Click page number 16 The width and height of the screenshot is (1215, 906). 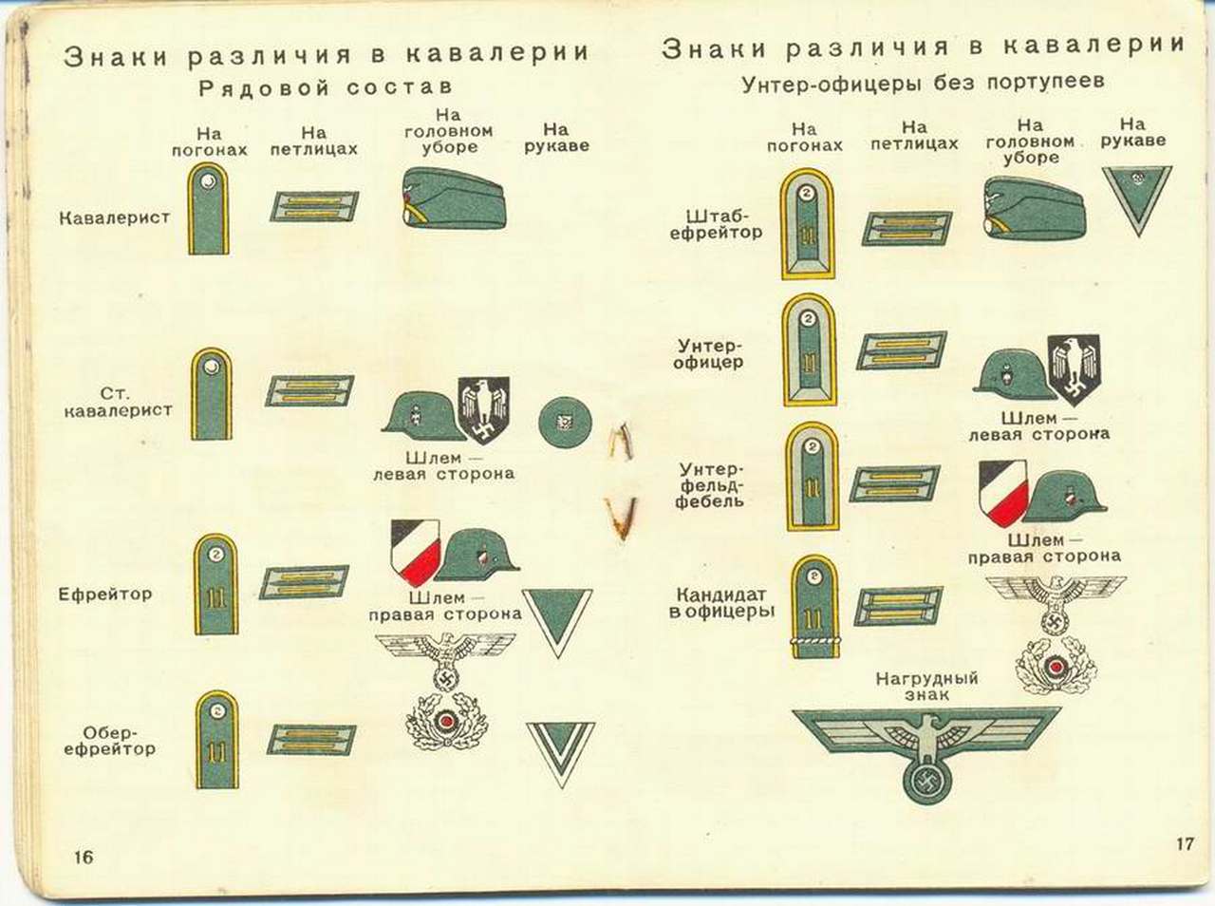click(84, 856)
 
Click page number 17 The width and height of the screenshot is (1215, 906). click(1184, 842)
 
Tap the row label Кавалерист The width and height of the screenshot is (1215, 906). click(114, 217)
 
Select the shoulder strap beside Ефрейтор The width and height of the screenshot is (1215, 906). click(215, 583)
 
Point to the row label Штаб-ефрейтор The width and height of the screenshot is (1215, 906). click(716, 223)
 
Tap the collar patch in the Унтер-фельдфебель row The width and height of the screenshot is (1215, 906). click(893, 483)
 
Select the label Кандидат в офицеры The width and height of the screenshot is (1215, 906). click(721, 603)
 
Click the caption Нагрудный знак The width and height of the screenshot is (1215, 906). click(926, 687)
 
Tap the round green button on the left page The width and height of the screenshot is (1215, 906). click(564, 421)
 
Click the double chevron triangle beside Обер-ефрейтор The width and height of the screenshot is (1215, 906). click(560, 754)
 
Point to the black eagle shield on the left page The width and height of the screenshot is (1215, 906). click(483, 408)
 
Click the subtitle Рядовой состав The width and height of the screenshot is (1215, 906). click(325, 88)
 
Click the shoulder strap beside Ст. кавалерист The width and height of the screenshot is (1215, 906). click(211, 394)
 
